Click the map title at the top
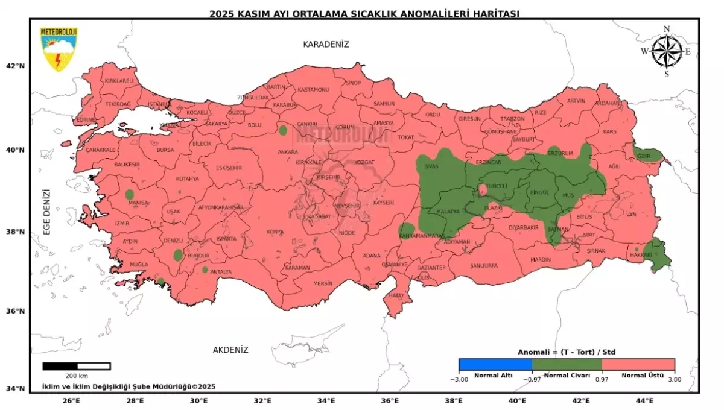tap(364, 13)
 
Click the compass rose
tap(666, 51)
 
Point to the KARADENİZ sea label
tap(326, 45)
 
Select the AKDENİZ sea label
tap(230, 350)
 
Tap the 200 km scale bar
tap(76, 366)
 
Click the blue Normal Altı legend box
tap(495, 364)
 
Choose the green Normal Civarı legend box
tap(567, 364)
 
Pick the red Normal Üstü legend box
tap(638, 364)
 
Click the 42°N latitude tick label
tap(16, 66)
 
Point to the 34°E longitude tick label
tap(326, 400)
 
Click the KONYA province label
tap(275, 232)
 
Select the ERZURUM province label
tap(559, 153)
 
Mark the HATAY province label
tap(396, 295)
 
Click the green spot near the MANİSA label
tap(130, 194)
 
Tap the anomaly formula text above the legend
tap(566, 352)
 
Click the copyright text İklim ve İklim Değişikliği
tap(128, 386)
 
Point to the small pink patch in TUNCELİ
tap(483, 190)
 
